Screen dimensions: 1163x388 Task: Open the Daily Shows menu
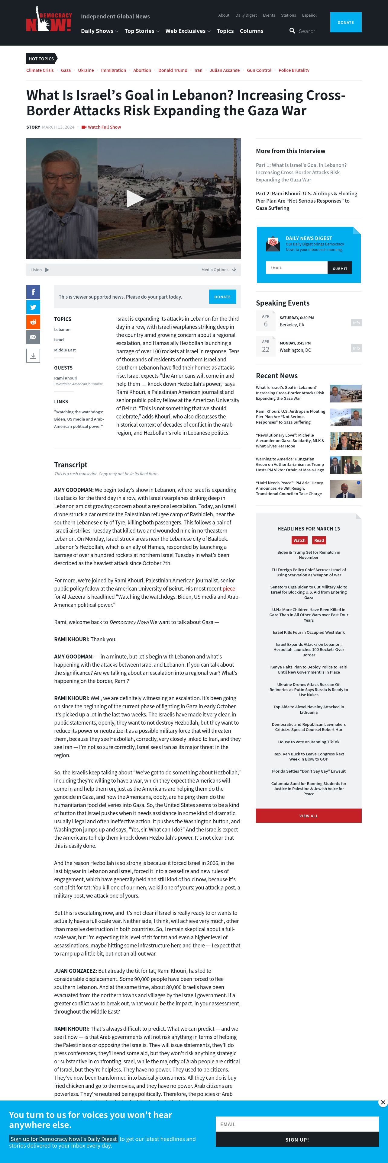tap(99, 31)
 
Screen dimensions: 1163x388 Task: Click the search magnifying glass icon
tap(292, 31)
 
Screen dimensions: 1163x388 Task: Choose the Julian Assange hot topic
tap(225, 70)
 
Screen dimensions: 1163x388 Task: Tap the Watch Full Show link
tap(104, 127)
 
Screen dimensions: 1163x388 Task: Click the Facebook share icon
tap(33, 292)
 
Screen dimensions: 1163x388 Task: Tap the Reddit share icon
tap(33, 322)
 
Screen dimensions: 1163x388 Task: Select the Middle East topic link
tap(65, 350)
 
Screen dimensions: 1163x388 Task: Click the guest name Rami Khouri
tap(66, 378)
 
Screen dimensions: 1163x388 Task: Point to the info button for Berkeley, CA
tap(356, 323)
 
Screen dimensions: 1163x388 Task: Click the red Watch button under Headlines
tap(299, 540)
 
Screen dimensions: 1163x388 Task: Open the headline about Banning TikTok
tap(309, 742)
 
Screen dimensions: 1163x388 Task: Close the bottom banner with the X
tap(383, 1103)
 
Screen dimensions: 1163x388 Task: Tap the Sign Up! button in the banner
tap(297, 1139)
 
